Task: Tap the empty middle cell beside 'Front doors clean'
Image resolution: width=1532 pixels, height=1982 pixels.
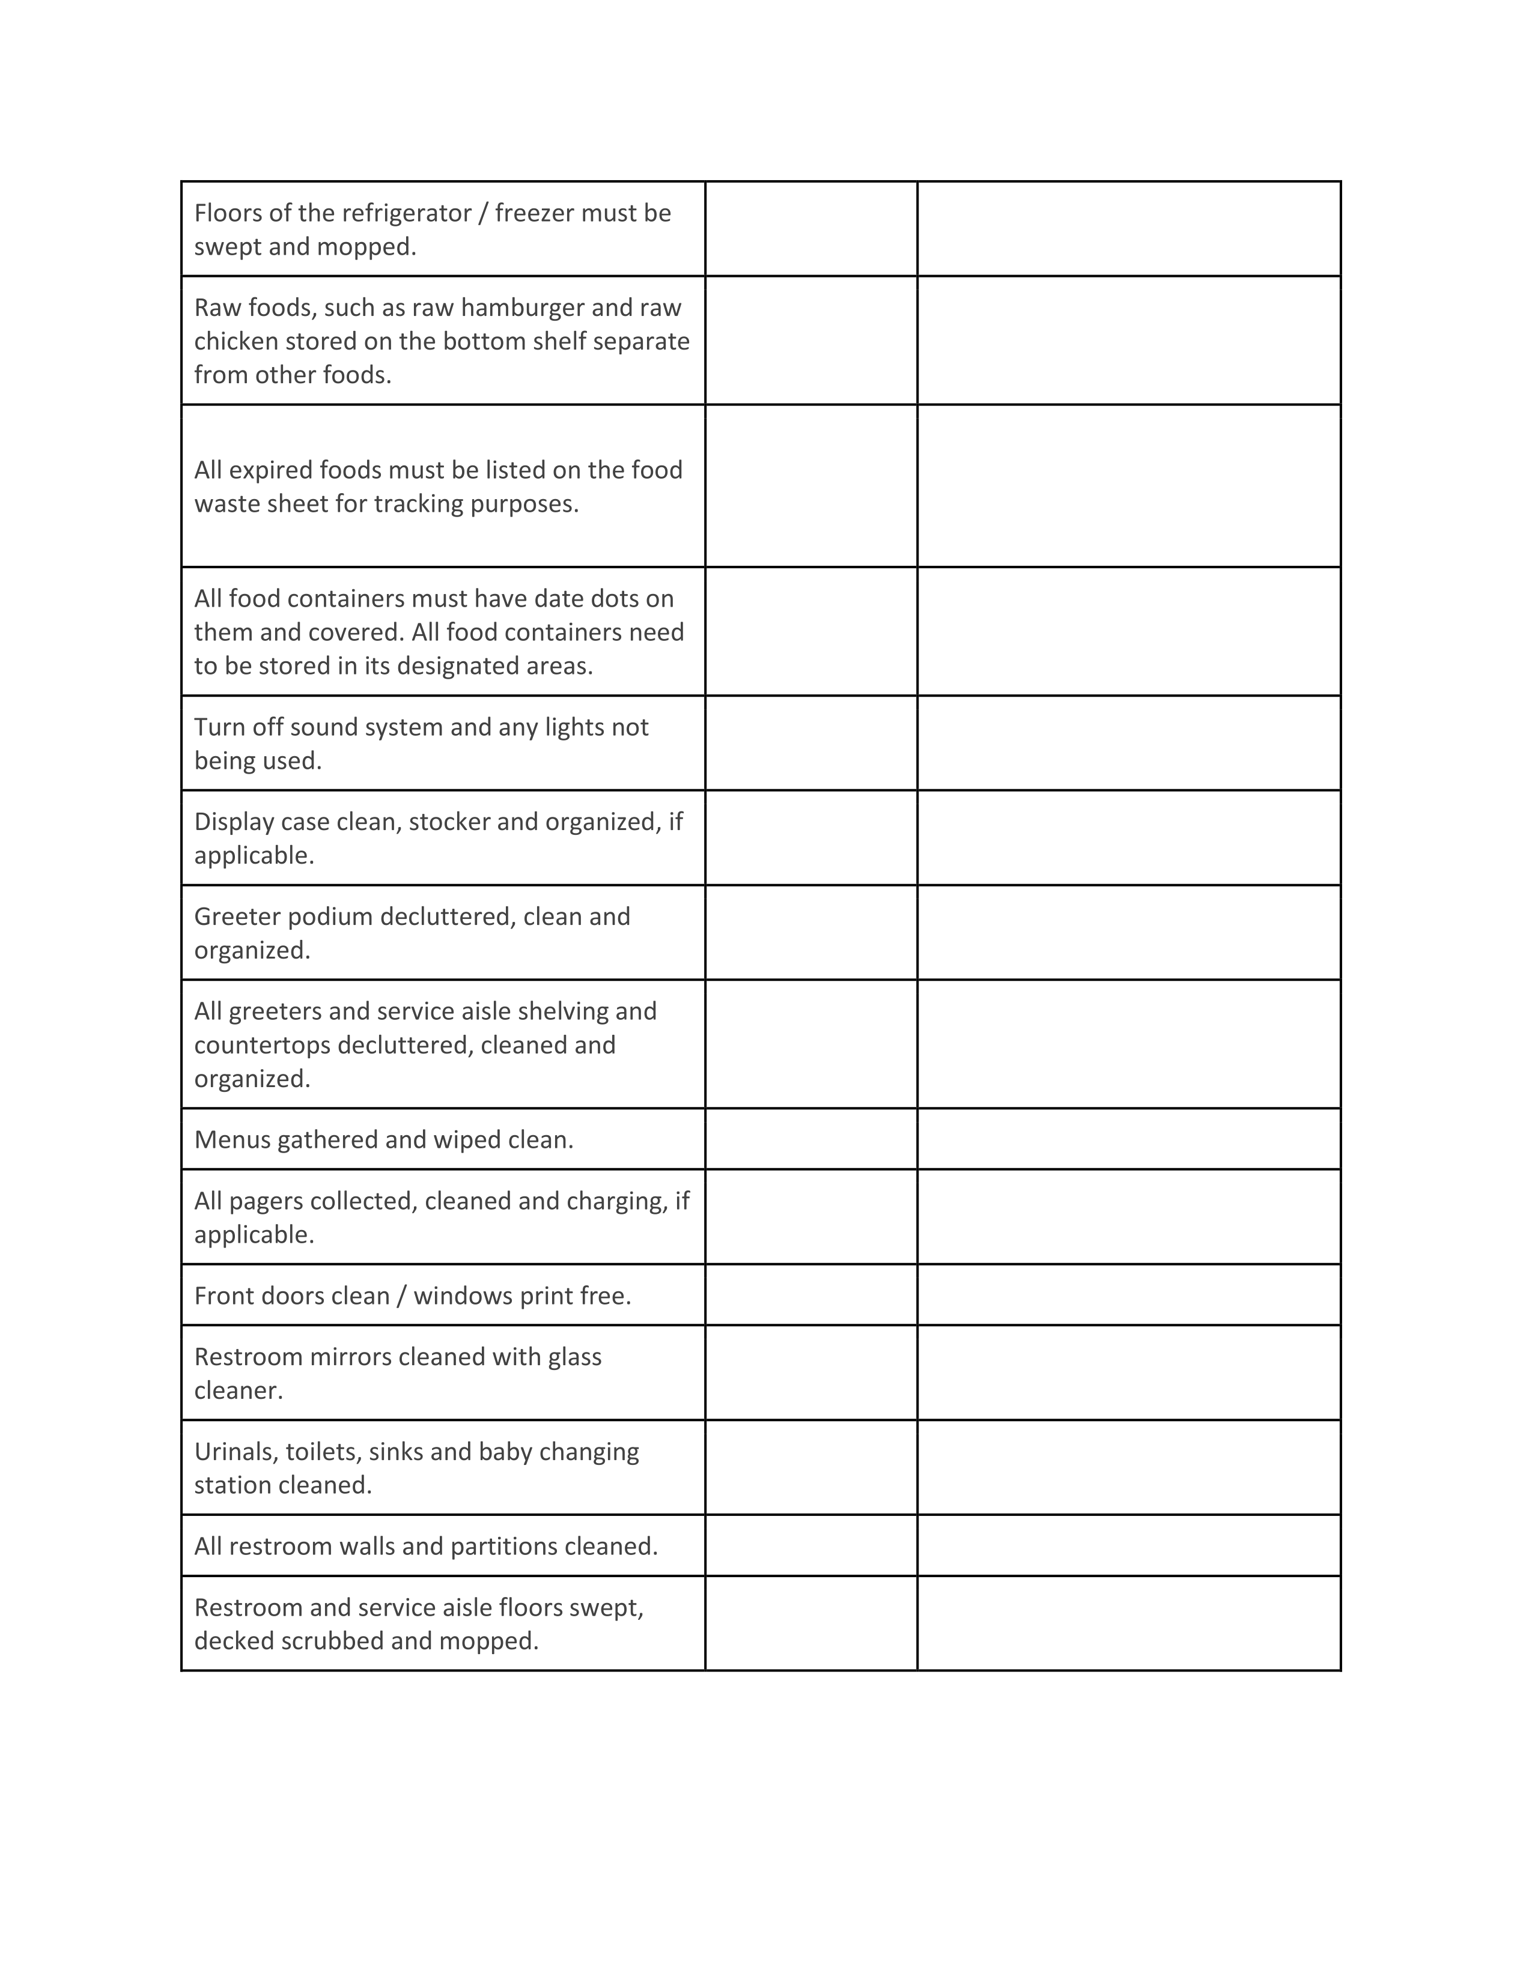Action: point(810,1295)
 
